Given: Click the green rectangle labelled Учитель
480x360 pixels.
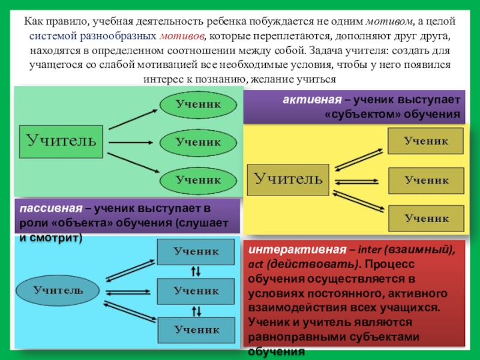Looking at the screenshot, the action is (x=61, y=142).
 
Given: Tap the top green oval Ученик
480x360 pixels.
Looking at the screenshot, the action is (x=197, y=104).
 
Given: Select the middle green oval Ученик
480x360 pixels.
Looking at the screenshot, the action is (x=197, y=142).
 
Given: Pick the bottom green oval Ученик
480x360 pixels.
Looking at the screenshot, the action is (x=197, y=179).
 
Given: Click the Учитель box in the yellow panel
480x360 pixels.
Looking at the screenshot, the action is (x=288, y=179).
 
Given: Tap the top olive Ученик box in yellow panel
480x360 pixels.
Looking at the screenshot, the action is (x=425, y=142).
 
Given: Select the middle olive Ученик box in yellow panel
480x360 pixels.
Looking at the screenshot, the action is (x=425, y=180).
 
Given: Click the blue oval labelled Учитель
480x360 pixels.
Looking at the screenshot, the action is (x=58, y=291).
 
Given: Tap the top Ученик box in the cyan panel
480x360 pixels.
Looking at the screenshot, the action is (x=196, y=252).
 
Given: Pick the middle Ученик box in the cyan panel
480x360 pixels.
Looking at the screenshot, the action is (x=196, y=291).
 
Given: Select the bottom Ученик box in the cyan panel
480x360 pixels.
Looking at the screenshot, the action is (x=196, y=329).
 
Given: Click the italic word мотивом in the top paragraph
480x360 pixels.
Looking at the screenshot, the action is (x=388, y=21).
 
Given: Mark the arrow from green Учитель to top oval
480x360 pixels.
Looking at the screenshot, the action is (x=133, y=119).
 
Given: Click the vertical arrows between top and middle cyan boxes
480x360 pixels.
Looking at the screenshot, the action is (x=196, y=271).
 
